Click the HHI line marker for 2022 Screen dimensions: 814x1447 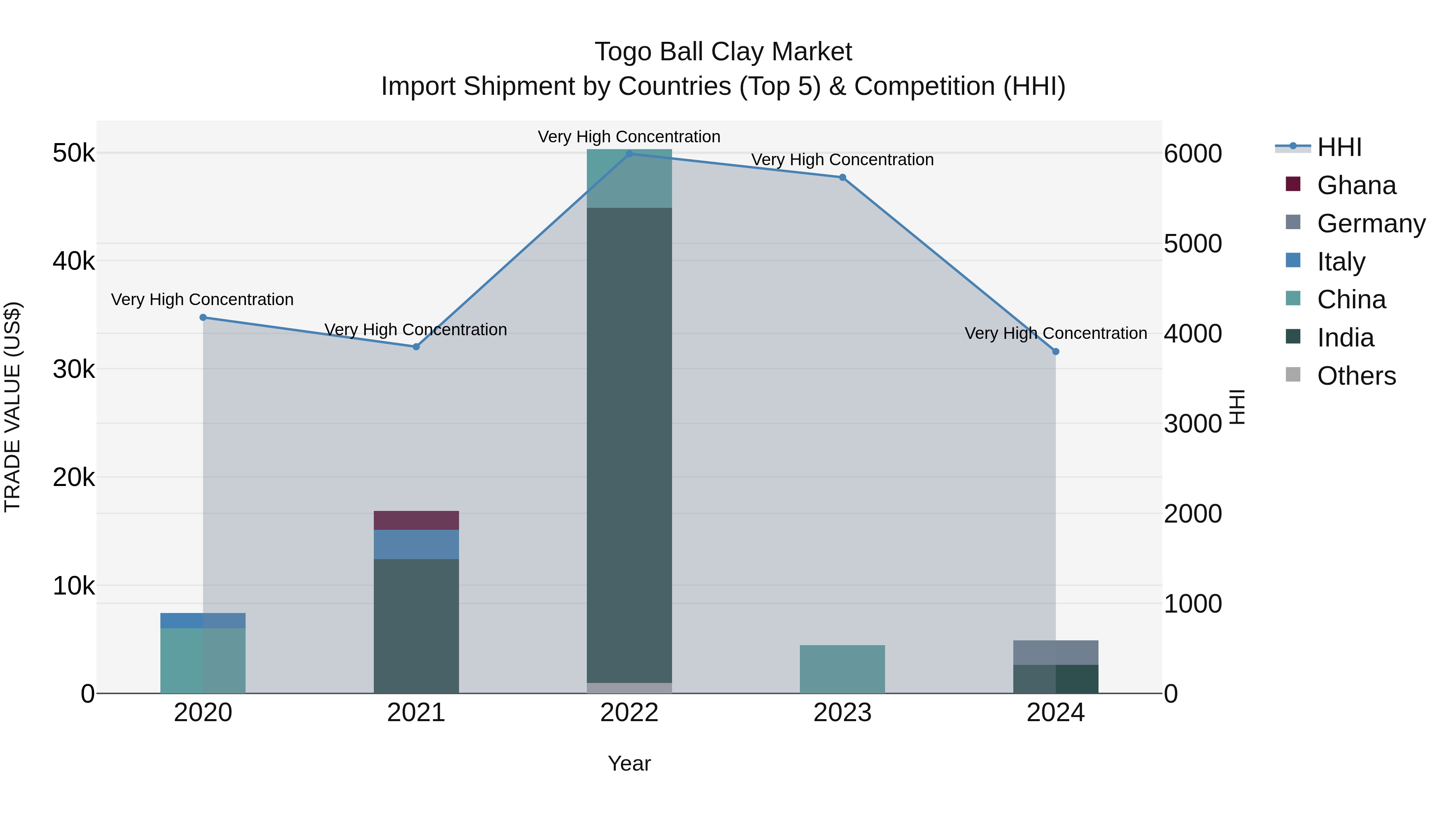[x=629, y=154]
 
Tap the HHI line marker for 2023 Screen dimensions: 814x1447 [x=842, y=178]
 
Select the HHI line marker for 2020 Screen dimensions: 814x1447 [x=203, y=318]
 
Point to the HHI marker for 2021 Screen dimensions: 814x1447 [x=416, y=347]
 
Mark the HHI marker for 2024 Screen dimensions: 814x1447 [x=1056, y=352]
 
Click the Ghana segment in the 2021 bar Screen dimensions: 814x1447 [x=416, y=520]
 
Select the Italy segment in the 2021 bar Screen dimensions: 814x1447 [x=416, y=544]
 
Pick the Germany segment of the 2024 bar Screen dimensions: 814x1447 [x=1056, y=652]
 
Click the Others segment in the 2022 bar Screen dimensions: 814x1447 [x=629, y=688]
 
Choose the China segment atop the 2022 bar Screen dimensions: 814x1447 [x=629, y=178]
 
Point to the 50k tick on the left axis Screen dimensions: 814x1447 [x=74, y=153]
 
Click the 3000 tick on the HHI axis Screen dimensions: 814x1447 [x=1193, y=424]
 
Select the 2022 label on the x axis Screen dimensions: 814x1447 [x=629, y=713]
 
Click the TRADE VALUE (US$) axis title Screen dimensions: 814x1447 [x=12, y=407]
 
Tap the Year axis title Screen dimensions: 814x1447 [x=629, y=763]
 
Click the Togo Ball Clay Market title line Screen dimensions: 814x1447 [x=723, y=52]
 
